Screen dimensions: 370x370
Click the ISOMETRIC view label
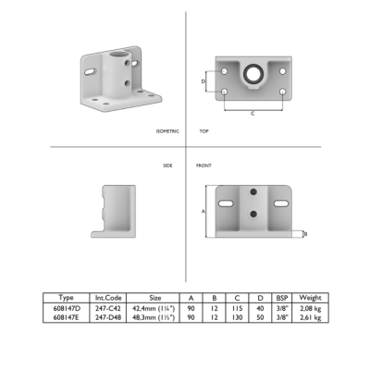tap(167, 131)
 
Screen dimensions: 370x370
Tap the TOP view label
tap(203, 131)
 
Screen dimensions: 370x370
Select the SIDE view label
tap(167, 166)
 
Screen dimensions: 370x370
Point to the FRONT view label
tap(203, 166)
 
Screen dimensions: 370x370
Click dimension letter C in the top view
tap(253, 114)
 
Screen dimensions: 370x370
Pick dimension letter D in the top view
tap(203, 81)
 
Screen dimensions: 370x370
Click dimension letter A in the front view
tap(203, 212)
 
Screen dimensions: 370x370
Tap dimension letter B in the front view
tap(305, 234)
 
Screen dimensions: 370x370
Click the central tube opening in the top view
tap(253, 73)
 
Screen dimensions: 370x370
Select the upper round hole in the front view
tap(253, 192)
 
